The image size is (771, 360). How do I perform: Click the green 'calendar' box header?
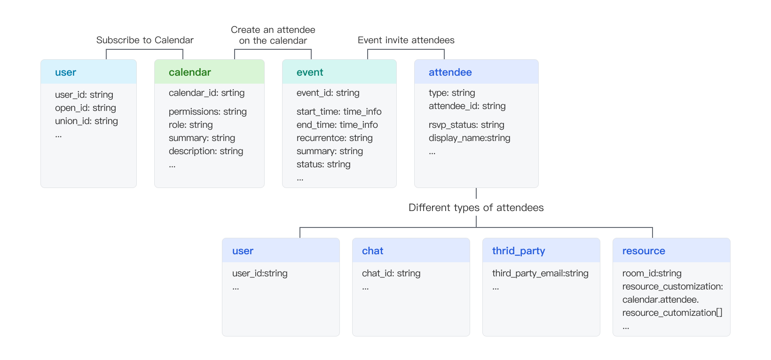pos(190,72)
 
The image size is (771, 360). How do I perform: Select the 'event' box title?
pos(310,72)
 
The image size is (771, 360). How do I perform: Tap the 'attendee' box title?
pos(450,72)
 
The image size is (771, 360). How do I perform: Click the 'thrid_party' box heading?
pos(519,251)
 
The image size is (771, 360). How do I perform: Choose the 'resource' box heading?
pos(644,251)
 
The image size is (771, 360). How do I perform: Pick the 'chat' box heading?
pos(372,251)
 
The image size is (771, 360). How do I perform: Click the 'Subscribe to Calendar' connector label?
pos(145,40)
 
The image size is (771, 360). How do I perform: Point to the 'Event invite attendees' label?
pos(406,40)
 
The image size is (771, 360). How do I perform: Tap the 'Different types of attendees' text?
pos(476,208)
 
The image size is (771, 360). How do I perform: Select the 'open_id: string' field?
pos(86,108)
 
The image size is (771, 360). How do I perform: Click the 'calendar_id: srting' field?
pos(206,93)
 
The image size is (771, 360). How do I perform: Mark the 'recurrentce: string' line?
pos(334,138)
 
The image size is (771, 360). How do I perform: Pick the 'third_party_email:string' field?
pos(540,274)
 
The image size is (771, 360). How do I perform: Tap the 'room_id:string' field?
pos(652,274)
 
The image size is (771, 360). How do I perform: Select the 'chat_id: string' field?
pos(391,274)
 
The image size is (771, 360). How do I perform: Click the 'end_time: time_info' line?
pos(337,125)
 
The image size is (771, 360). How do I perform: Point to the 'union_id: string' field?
pos(87,121)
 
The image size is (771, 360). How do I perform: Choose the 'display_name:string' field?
pos(469,138)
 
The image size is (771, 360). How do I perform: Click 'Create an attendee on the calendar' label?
pos(273,35)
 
